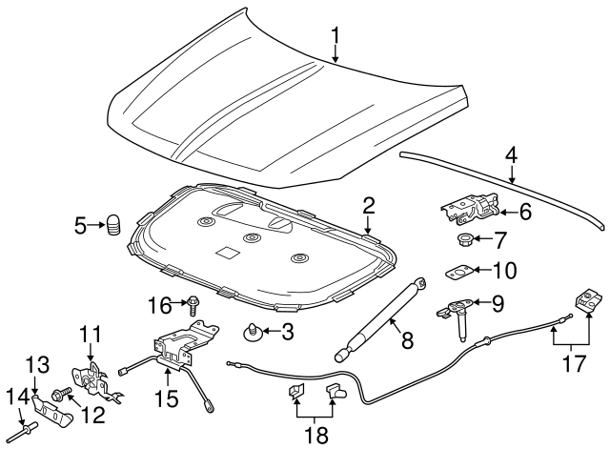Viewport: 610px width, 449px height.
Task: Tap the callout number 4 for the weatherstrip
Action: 512,153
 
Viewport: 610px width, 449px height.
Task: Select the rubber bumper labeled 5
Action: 114,226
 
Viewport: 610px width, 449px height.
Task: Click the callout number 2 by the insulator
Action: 369,204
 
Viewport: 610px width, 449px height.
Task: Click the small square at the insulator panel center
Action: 226,254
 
